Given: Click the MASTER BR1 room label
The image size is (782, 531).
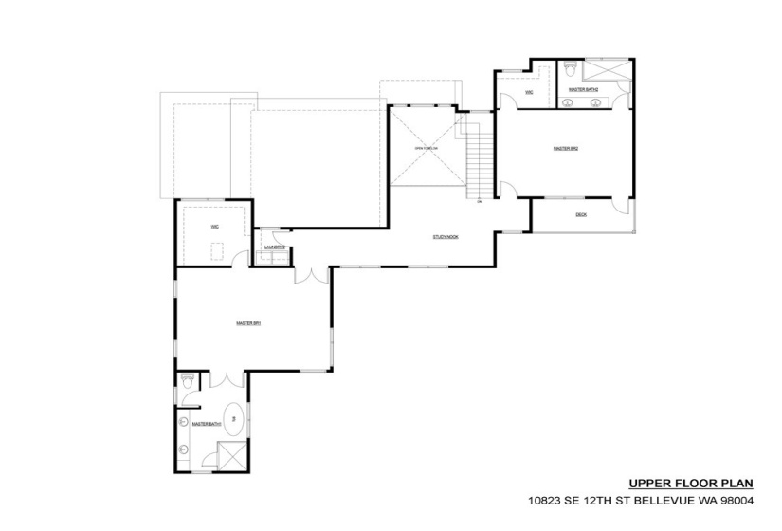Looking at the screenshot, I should point(248,323).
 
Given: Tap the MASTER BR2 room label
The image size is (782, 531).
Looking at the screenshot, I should point(566,149).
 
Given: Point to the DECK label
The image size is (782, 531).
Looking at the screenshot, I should point(581,215).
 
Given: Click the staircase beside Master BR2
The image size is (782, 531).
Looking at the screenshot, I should point(479,161).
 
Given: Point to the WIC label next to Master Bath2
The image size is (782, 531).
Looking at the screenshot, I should point(529,92).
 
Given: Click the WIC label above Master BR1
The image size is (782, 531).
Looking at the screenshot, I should point(215,228).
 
